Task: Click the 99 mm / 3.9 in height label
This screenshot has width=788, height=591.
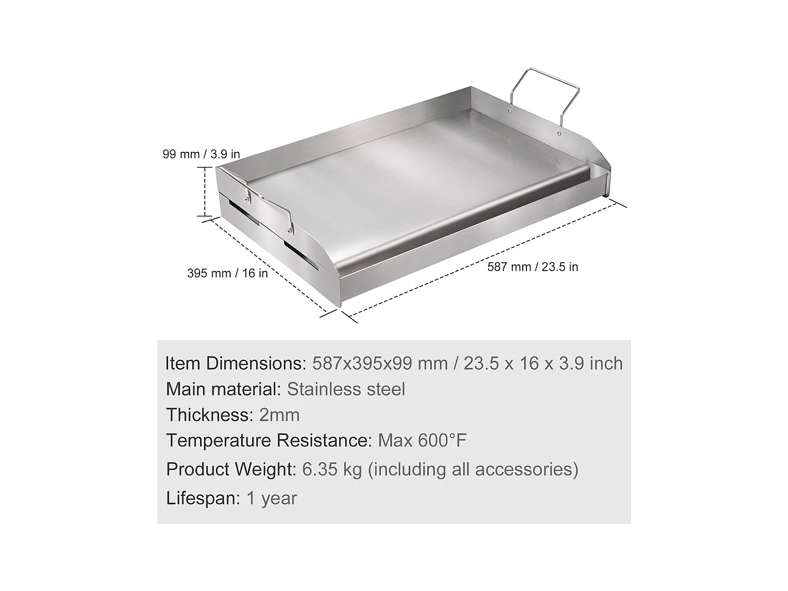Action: [201, 154]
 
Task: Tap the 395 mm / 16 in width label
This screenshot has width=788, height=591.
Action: [227, 273]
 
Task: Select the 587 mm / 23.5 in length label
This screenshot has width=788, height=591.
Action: [533, 267]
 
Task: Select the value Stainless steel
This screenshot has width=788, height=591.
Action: [346, 389]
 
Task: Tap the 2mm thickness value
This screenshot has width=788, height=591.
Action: [279, 415]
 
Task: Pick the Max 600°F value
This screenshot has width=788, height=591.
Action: [422, 440]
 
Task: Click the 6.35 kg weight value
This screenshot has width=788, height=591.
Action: [332, 469]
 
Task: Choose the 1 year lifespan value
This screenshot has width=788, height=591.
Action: [272, 498]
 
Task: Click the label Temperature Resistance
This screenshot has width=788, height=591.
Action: [269, 440]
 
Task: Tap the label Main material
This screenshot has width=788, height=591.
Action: [224, 389]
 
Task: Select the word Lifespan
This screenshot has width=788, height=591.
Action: [203, 498]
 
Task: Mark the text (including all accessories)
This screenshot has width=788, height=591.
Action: [473, 469]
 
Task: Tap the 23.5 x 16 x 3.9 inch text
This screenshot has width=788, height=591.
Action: [543, 364]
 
